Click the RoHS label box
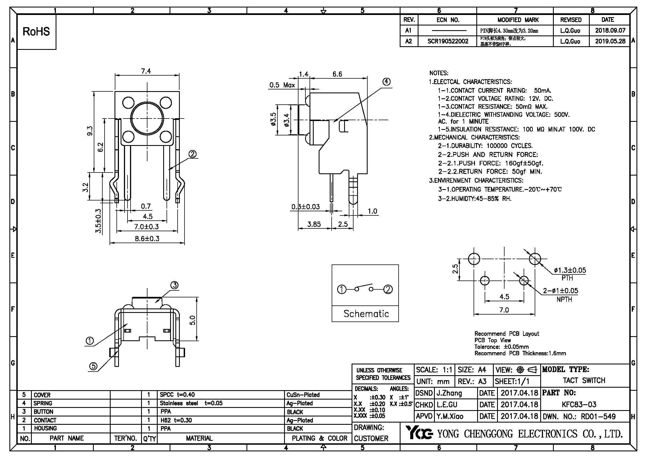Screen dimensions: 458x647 pos(36,32)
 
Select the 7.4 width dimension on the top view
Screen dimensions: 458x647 pos(146,71)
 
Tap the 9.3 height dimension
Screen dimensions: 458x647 pos(90,131)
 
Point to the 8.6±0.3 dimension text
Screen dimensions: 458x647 pos(147,239)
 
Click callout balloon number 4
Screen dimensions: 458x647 pos(386,82)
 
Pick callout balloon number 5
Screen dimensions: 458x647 pos(93,366)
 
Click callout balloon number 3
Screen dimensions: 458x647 pos(175,285)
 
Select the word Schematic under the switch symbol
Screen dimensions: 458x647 pos(366,314)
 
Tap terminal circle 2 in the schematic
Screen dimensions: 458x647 pos(388,289)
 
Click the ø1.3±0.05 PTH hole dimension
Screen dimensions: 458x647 pos(570,270)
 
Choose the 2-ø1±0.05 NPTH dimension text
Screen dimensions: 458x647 pos(560,290)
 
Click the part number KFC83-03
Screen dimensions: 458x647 pos(579,404)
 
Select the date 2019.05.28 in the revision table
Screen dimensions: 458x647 pos(610,41)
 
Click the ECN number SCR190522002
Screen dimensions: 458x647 pos(448,41)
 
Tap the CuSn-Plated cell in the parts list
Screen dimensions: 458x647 pos(303,395)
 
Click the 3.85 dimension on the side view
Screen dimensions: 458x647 pos(314,224)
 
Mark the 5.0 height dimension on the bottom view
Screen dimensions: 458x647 pos(192,320)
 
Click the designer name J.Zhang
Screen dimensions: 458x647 pos(449,393)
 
